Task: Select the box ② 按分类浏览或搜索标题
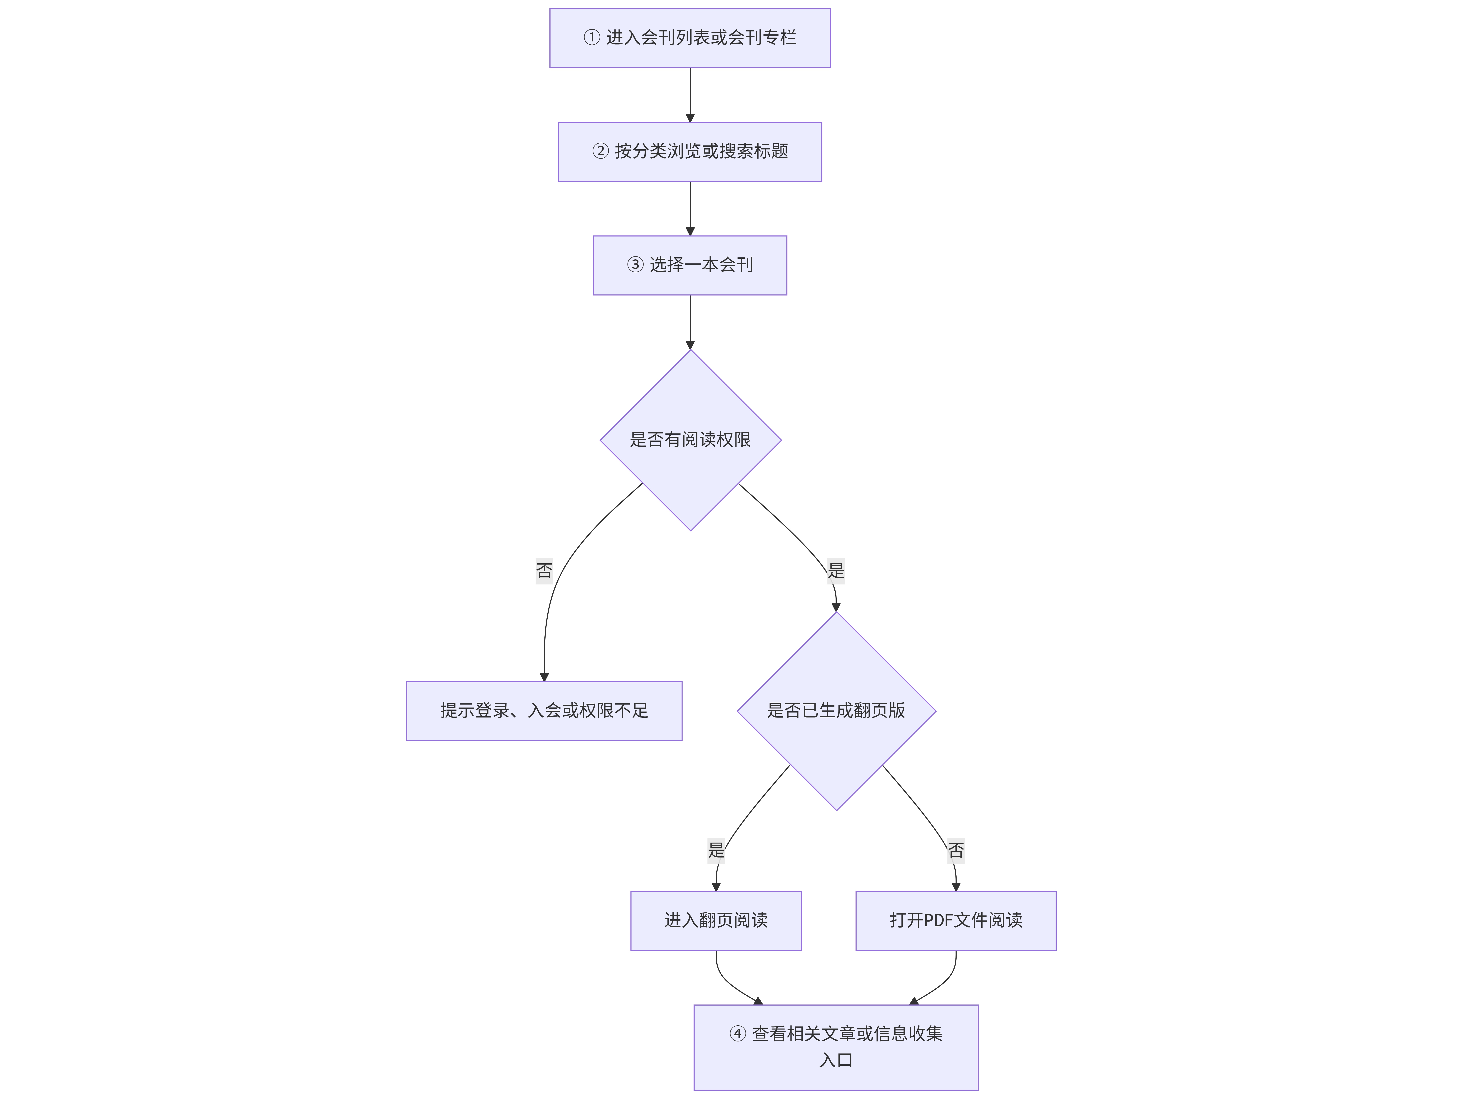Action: click(x=690, y=152)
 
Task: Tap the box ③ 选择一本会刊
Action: click(x=690, y=265)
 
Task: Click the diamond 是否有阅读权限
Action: click(x=690, y=440)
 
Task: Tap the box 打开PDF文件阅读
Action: click(x=956, y=920)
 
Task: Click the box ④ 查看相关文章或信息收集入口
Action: click(x=836, y=1047)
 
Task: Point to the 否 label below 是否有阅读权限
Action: click(x=544, y=570)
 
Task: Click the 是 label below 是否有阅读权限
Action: click(x=836, y=570)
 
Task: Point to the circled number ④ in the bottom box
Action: click(x=737, y=1034)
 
